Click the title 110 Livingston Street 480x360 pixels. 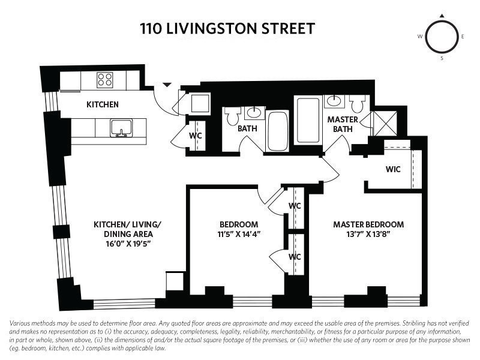point(227,28)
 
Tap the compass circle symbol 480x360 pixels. point(442,37)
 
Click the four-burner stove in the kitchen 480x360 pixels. point(106,80)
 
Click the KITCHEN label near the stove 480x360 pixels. point(103,104)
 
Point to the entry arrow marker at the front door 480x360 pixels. point(167,85)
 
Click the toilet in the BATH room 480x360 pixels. point(233,116)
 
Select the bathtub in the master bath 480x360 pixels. point(308,121)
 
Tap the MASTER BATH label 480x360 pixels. point(343,124)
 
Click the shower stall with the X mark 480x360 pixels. point(384,123)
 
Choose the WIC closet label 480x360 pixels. point(392,169)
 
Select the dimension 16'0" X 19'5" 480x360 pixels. point(127,244)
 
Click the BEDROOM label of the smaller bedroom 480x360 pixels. point(239,225)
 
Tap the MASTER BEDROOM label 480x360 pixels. point(368,225)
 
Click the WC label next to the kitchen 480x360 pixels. point(196,136)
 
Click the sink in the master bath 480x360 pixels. point(334,101)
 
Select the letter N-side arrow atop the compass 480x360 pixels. point(442,16)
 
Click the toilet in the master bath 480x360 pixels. point(358,104)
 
